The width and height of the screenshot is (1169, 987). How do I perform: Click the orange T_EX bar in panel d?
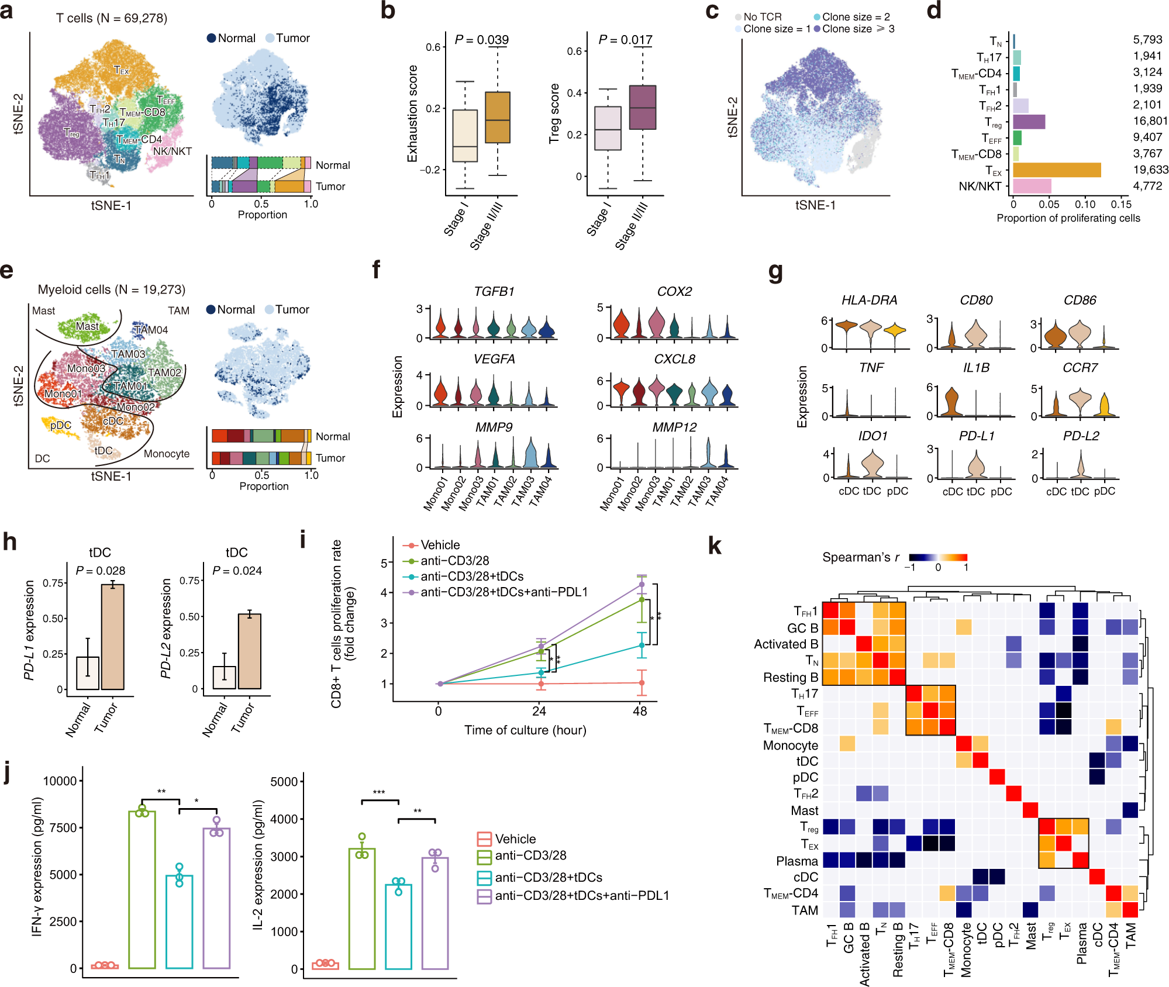[1056, 170]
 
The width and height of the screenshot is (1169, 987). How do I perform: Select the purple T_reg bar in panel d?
[1029, 122]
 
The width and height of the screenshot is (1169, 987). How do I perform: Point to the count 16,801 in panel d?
[1150, 121]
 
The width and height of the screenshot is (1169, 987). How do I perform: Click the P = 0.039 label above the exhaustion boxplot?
[481, 40]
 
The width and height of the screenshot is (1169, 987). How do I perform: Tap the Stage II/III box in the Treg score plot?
[642, 108]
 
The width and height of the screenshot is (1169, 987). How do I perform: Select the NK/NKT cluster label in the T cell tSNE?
[172, 151]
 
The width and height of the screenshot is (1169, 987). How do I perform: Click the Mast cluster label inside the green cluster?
[87, 326]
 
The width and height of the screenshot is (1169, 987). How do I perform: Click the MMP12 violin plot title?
[674, 427]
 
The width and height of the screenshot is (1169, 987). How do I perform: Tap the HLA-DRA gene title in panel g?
[869, 300]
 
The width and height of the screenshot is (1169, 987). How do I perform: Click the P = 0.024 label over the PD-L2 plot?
[237, 571]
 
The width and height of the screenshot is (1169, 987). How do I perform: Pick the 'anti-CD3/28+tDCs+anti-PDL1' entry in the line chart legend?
[504, 592]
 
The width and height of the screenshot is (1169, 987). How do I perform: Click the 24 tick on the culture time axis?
[539, 711]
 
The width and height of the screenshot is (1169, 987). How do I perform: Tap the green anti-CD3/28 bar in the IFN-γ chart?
[142, 889]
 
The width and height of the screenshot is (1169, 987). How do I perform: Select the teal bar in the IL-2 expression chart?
[398, 926]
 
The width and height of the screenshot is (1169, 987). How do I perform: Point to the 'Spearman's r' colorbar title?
[860, 557]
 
